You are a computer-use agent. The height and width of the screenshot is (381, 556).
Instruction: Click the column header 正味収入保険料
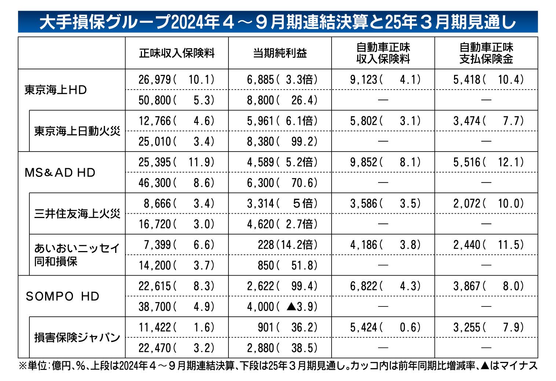tap(176, 53)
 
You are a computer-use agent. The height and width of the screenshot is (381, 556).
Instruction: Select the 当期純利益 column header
tap(280, 53)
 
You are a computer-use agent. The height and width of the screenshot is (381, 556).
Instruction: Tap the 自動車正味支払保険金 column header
tap(486, 53)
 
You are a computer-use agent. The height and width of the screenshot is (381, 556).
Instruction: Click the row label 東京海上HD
tap(56, 90)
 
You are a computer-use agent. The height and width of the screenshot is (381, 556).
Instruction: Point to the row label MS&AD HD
tap(60, 173)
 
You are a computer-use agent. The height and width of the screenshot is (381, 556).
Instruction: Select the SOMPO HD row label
tap(62, 296)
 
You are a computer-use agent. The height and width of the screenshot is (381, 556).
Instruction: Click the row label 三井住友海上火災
tap(77, 214)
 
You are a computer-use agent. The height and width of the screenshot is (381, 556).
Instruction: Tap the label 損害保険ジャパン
tap(77, 337)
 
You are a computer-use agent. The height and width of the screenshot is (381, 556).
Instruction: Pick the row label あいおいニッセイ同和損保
tap(77, 255)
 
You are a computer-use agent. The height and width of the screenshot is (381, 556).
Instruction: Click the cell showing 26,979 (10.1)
tap(176, 80)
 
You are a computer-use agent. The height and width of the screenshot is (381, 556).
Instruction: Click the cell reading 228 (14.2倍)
tap(287, 245)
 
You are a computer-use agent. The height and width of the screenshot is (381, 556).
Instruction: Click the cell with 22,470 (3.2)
tap(176, 348)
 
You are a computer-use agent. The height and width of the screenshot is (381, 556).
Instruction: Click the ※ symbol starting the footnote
tap(23, 366)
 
